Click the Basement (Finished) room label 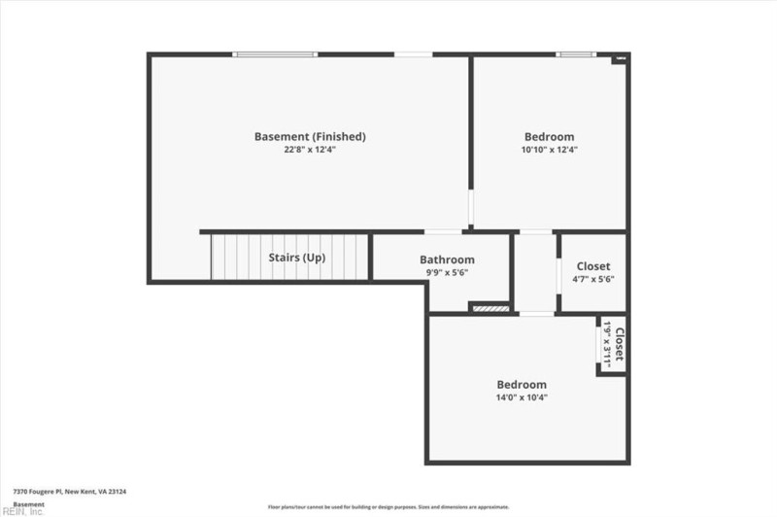point(310,136)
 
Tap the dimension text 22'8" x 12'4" point(310,150)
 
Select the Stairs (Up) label point(296,258)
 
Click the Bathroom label point(447,259)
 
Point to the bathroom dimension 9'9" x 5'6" point(447,273)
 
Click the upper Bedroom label point(549,136)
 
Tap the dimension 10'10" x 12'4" point(549,150)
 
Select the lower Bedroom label point(522,384)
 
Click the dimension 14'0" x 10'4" point(522,397)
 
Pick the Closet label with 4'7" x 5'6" point(593,265)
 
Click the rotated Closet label point(619,345)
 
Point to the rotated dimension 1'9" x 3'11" point(607,345)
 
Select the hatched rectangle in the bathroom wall point(490,309)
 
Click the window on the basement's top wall point(276,54)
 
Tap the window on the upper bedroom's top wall point(575,54)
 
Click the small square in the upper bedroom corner point(620,60)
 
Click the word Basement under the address point(28,504)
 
